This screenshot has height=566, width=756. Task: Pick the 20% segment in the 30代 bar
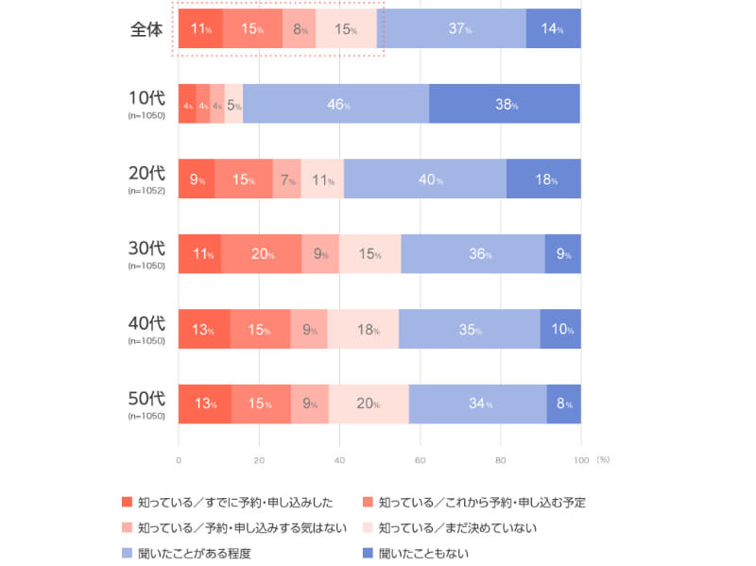[261, 254]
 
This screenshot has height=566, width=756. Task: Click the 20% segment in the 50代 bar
[369, 403]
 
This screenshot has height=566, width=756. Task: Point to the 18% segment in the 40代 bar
[363, 329]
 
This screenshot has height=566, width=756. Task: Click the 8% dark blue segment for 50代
[564, 403]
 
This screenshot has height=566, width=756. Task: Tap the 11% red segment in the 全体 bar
[200, 29]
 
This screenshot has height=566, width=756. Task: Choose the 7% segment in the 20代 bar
[287, 180]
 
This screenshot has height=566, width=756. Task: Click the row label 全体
[146, 29]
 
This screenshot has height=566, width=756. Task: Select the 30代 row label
[146, 249]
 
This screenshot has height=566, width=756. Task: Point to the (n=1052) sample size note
[146, 190]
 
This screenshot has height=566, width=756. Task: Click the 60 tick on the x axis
[420, 460]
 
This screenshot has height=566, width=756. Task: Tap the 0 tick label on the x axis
[179, 460]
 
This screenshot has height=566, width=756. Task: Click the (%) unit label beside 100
[603, 460]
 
